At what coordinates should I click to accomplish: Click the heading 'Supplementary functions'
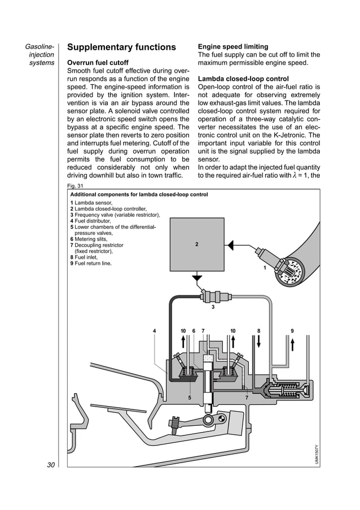[121, 47]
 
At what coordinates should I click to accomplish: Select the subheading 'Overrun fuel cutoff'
[98, 63]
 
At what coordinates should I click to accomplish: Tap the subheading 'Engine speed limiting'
[233, 46]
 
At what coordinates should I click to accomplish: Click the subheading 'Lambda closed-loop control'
[243, 79]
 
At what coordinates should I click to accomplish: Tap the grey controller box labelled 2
[196, 245]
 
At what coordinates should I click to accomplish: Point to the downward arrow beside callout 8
[259, 342]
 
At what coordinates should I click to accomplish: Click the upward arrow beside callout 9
[292, 342]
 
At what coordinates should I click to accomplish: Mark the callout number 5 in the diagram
[190, 398]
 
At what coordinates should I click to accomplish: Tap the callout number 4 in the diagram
[155, 330]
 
